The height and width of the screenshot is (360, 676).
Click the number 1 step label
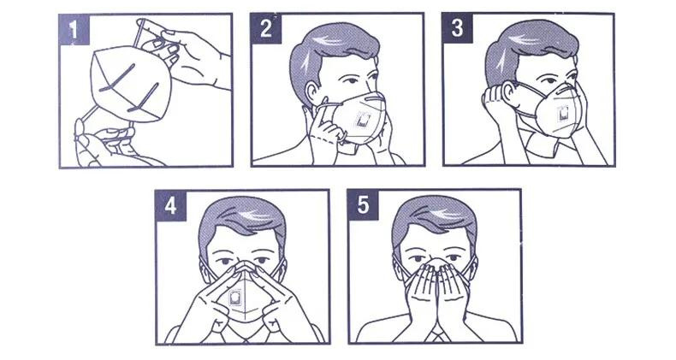(74, 29)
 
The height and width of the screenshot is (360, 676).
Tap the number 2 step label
(266, 28)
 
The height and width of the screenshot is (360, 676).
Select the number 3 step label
(458, 28)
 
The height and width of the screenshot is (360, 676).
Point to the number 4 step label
(170, 205)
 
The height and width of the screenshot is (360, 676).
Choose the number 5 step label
(363, 204)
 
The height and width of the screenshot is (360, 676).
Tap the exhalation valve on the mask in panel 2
(362, 121)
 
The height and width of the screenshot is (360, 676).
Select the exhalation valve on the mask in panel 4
(234, 298)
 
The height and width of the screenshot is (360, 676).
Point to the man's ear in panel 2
(311, 91)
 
